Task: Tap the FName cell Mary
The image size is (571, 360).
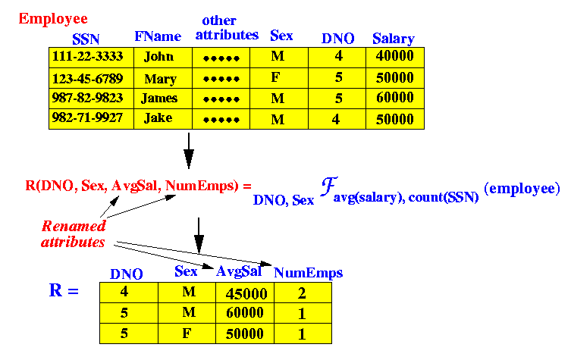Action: [159, 79]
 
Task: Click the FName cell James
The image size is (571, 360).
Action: [159, 99]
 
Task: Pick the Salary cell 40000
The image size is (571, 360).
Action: [394, 58]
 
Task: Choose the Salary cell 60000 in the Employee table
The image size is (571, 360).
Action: [394, 99]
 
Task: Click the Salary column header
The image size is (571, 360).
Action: [393, 39]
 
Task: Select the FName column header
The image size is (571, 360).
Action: [158, 36]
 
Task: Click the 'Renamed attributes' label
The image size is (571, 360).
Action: [74, 233]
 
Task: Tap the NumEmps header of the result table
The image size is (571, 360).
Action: [308, 273]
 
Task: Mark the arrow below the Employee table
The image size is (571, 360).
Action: [189, 150]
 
